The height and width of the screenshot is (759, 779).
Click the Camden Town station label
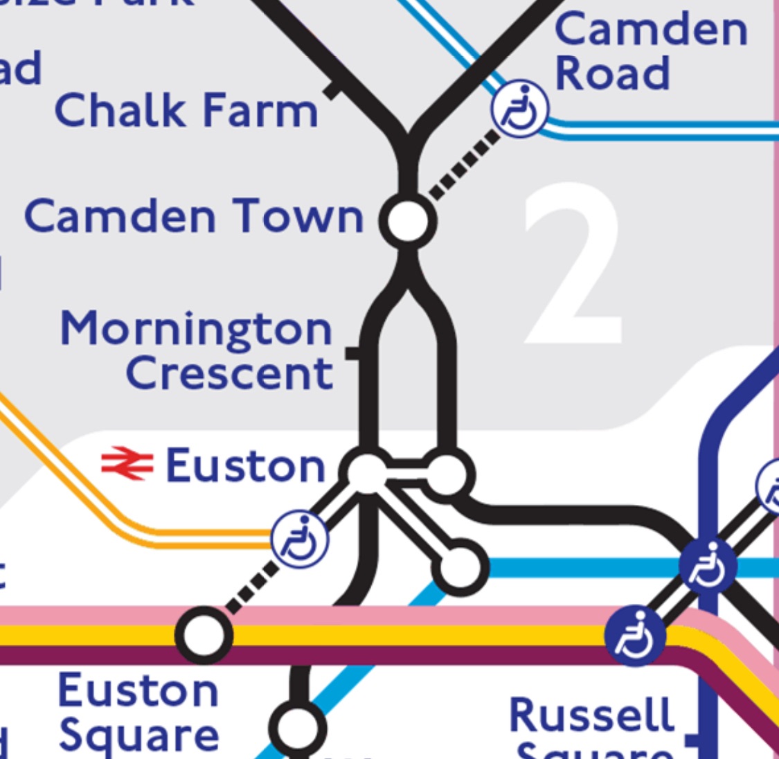tap(194, 216)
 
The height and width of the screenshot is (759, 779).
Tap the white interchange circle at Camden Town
tap(409, 220)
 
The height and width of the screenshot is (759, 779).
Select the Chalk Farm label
tap(186, 111)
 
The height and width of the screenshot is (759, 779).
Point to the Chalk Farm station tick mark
tap(334, 89)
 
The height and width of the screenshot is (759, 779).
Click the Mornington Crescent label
tap(197, 350)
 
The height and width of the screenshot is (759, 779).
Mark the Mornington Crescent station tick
tap(353, 353)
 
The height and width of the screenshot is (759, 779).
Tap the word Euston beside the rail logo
tap(245, 465)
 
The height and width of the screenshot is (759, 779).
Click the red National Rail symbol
tap(127, 464)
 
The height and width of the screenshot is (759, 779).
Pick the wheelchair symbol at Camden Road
tap(520, 109)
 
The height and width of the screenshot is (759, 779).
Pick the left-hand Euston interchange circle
tap(367, 472)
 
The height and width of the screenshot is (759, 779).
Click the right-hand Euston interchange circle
tap(448, 472)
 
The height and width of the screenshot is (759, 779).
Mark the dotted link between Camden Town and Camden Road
tap(465, 164)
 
